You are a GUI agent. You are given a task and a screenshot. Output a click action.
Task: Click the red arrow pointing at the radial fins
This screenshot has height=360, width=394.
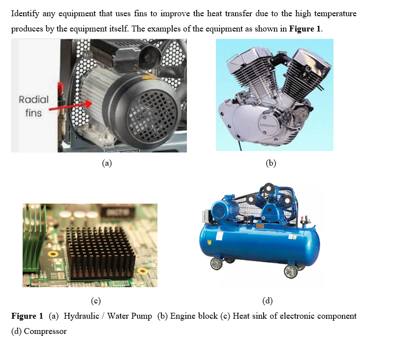pos(70,106)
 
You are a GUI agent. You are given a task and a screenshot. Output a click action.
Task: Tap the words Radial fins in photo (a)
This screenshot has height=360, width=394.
pos(33,106)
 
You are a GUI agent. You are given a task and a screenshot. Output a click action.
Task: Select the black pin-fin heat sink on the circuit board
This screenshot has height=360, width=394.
pos(100,254)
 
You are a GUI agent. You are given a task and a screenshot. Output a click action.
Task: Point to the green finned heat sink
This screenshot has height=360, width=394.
pos(33,241)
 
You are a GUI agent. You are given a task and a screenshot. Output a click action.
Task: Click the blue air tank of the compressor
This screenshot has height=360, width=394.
pos(259,243)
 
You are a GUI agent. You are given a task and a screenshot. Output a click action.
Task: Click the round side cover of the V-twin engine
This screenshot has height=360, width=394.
pos(268,125)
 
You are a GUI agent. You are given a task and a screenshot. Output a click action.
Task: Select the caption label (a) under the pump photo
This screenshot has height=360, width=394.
pos(107,163)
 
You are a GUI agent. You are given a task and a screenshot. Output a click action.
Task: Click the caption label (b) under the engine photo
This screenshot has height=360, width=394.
pos(271,163)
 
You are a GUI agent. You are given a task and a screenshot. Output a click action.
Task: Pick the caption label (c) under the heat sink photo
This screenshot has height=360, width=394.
pos(96,300)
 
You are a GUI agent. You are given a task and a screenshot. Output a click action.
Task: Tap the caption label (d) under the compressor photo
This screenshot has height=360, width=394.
pos(268,300)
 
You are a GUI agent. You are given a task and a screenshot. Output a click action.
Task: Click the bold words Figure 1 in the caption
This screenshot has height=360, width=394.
pos(27,316)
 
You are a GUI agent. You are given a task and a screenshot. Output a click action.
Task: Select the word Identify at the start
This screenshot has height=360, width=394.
pos(25,14)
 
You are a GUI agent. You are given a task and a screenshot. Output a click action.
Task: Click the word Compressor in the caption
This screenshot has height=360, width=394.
pos(45,331)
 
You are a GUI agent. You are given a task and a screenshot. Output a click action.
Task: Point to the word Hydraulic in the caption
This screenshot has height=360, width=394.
pos(82,316)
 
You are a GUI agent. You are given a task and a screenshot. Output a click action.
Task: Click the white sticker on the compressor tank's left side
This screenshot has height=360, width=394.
pos(219,236)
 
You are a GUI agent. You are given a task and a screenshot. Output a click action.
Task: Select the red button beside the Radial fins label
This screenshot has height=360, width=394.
pos(61,87)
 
